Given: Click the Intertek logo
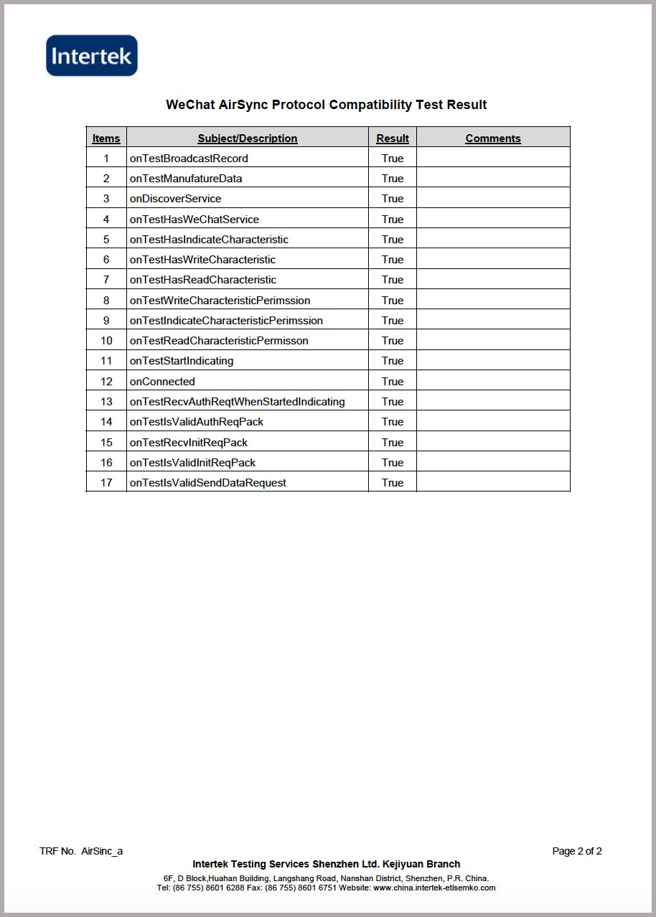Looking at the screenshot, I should click(x=92, y=55).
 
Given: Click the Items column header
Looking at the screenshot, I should click(x=106, y=138).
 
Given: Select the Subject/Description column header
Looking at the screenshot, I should click(x=248, y=138).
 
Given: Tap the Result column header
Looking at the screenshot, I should click(x=393, y=138).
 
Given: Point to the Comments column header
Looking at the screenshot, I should click(x=493, y=138).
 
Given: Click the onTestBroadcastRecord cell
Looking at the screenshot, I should click(x=189, y=159).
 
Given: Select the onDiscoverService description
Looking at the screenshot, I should click(x=175, y=199).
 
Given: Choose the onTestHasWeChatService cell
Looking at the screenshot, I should click(x=195, y=220).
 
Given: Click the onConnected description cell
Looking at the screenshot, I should click(x=162, y=382).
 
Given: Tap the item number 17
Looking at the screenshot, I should click(x=106, y=483).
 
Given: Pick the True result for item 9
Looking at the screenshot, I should click(x=393, y=321).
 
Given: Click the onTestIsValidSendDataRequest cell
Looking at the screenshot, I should click(x=207, y=483).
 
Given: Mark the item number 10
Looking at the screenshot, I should click(x=106, y=341).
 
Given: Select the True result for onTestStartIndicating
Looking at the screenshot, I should click(x=393, y=361).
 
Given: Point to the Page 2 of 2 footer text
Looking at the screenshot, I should click(x=577, y=852).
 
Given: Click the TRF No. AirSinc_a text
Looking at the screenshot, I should click(x=81, y=852).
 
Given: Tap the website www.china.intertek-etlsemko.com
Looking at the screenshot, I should click(x=434, y=888).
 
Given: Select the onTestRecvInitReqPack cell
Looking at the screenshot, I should click(x=188, y=443).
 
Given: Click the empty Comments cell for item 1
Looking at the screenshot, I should click(x=493, y=159).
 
